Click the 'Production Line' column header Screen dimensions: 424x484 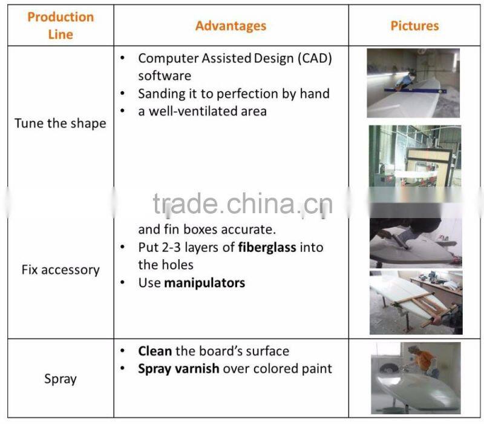[x=60, y=25]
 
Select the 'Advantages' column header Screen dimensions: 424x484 [x=231, y=25]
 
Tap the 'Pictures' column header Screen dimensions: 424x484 [x=414, y=25]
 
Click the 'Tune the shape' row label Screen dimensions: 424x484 [x=60, y=124]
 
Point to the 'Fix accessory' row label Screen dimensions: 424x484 [x=60, y=270]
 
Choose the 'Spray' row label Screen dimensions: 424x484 [x=60, y=379]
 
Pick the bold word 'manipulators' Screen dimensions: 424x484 [x=204, y=282]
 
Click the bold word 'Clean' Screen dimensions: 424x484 [x=155, y=351]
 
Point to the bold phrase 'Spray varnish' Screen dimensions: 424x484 [x=178, y=368]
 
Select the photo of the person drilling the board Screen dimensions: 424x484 [x=415, y=242]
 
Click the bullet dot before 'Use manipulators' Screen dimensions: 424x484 [x=123, y=282]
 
